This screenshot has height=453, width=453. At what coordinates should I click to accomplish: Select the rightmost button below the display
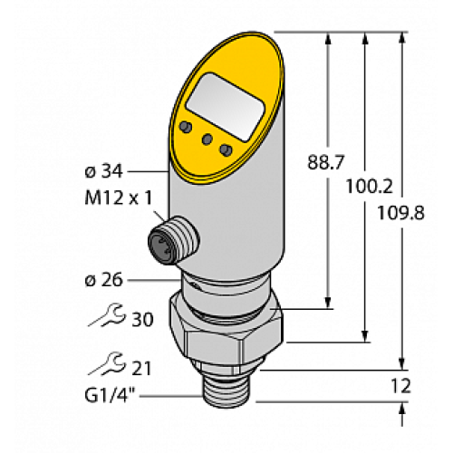[x=226, y=149]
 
